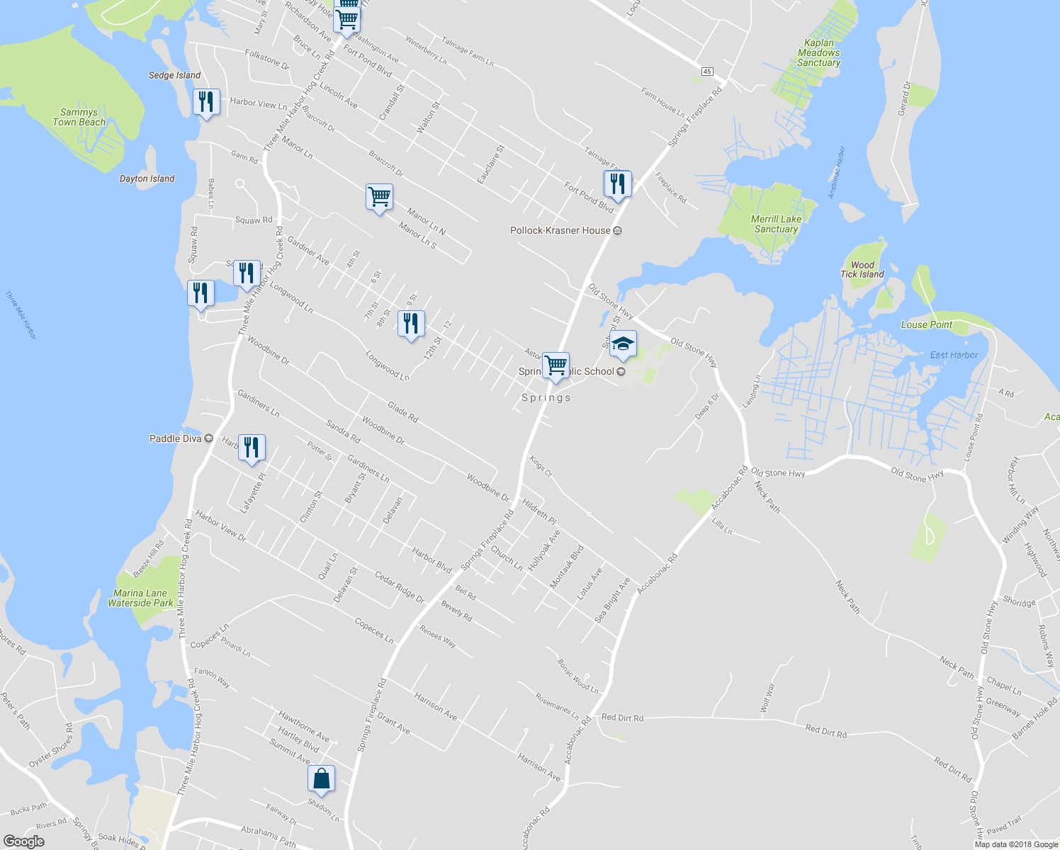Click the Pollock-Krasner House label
(x=560, y=231)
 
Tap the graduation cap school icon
(x=622, y=345)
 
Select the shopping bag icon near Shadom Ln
(x=321, y=778)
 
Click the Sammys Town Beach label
(x=79, y=117)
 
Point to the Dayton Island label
(x=147, y=178)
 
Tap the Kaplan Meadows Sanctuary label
(x=818, y=53)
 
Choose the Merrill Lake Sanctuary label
(x=776, y=224)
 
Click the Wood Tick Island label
(x=862, y=270)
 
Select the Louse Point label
(x=926, y=324)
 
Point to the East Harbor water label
(x=954, y=355)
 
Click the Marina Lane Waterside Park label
(x=140, y=599)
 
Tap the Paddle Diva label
(x=176, y=438)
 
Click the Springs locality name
(x=546, y=398)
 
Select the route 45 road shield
(x=706, y=72)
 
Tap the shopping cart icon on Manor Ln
(x=379, y=197)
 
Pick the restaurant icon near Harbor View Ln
(x=205, y=103)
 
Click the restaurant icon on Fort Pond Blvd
(x=617, y=184)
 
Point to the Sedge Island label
(x=174, y=75)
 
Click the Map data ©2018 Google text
(x=1016, y=844)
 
